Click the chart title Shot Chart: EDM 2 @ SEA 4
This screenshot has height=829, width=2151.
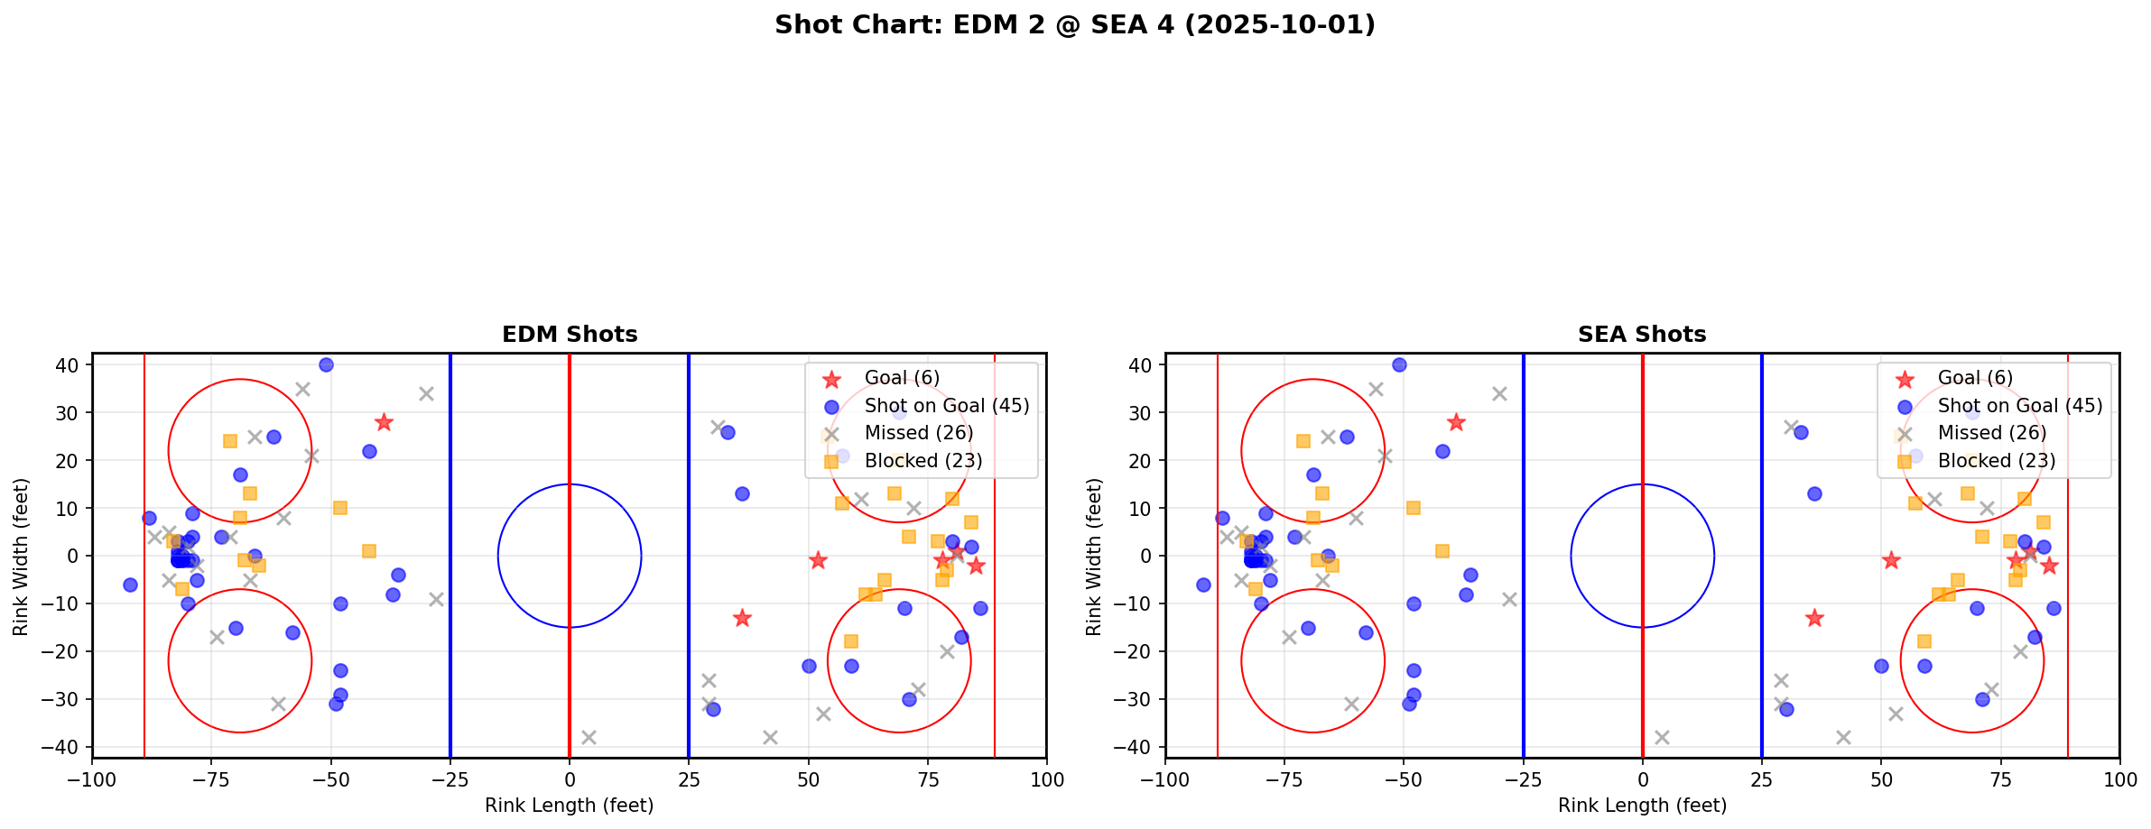point(1074,25)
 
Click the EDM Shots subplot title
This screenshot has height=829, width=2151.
point(570,335)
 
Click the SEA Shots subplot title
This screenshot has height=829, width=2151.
point(1642,335)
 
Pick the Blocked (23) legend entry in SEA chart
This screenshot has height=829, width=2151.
point(1996,461)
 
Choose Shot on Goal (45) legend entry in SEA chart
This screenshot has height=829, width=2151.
point(2019,406)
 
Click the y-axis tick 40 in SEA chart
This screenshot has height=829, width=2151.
point(1142,365)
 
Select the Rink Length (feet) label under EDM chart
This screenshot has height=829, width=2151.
point(570,806)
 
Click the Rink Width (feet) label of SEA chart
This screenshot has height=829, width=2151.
point(1094,556)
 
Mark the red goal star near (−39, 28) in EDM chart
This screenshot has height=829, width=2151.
point(384,422)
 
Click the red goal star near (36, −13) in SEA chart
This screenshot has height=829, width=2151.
point(1814,618)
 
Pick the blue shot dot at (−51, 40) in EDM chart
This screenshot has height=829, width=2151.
point(326,365)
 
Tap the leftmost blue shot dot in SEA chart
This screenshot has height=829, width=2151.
point(1203,585)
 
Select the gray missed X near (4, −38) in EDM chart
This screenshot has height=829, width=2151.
point(589,737)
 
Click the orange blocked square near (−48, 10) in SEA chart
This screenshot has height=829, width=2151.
point(1414,508)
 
